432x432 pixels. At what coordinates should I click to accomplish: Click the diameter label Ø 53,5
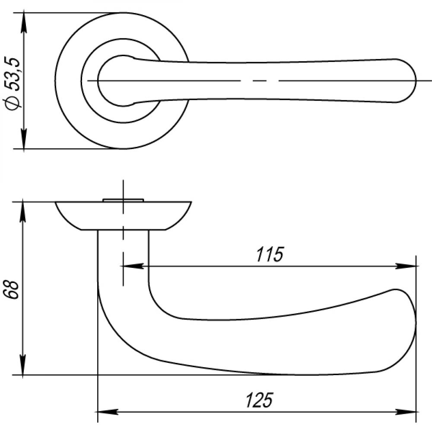tap(13, 84)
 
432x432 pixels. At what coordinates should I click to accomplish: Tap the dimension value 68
tap(12, 290)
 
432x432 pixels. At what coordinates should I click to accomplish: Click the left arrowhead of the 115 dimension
tap(132, 266)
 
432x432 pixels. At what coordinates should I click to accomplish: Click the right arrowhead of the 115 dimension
tap(406, 266)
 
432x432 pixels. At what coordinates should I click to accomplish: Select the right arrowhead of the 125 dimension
tap(406, 412)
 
